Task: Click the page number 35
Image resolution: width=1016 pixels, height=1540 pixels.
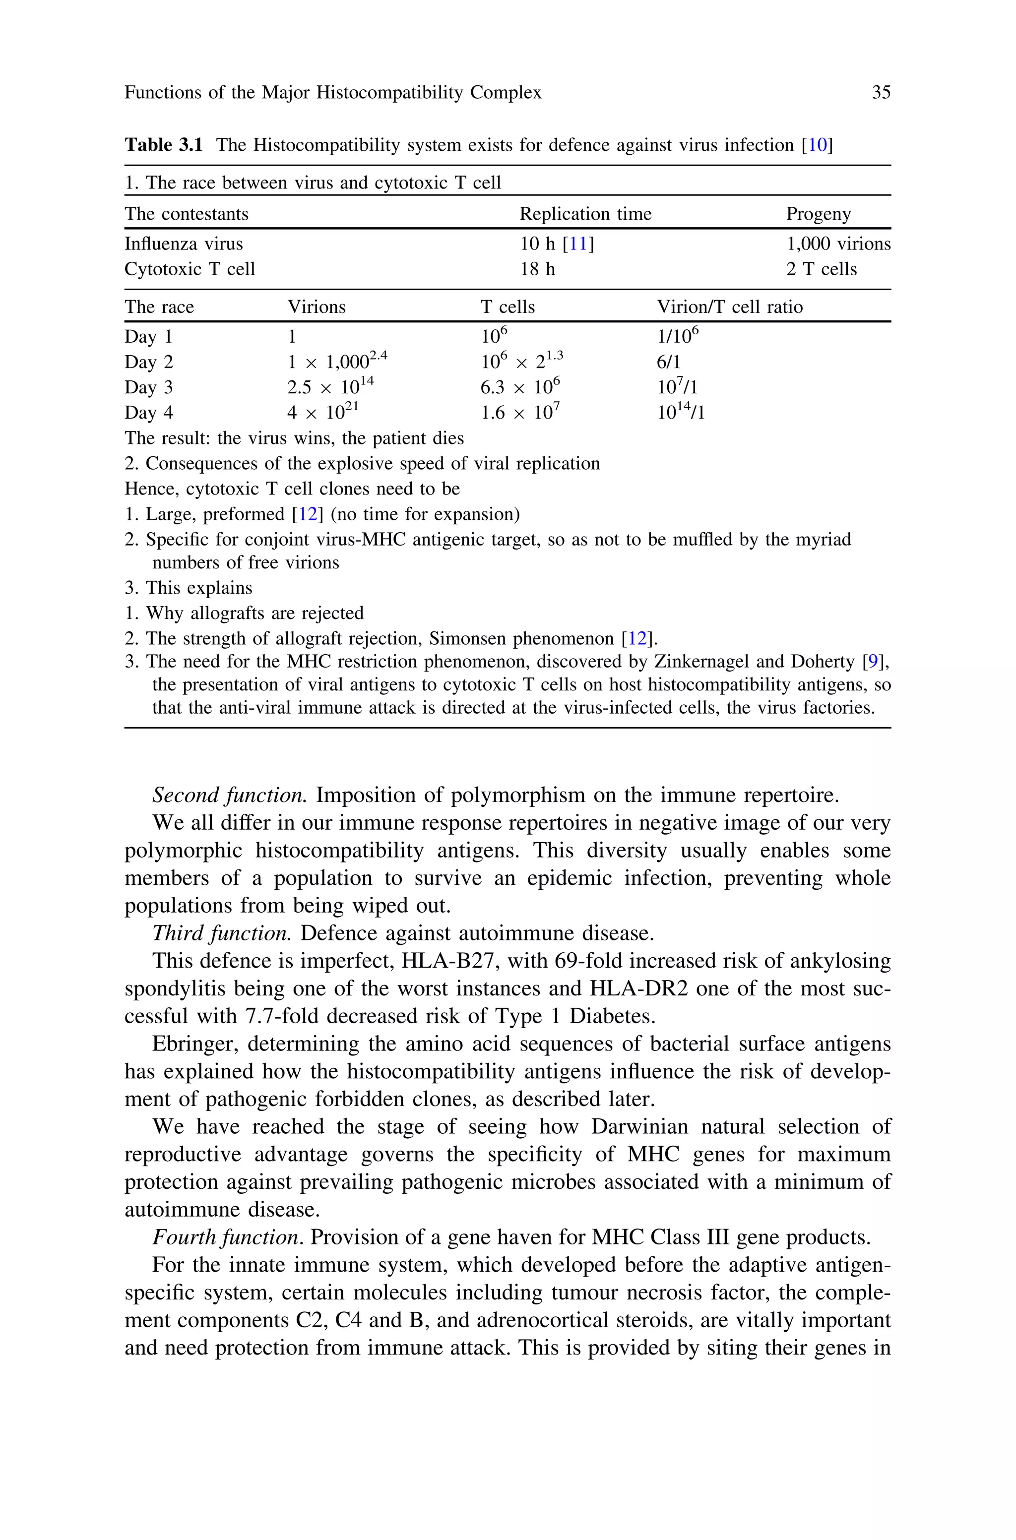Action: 881,93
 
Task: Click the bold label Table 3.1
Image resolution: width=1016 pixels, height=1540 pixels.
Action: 163,145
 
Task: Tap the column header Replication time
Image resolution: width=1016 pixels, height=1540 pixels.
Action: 585,214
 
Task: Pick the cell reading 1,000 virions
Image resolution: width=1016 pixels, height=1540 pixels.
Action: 838,244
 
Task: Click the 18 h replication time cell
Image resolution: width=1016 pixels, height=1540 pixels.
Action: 537,269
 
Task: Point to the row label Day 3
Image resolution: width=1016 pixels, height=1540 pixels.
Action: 148,387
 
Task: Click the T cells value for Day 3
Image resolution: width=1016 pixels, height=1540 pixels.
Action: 520,387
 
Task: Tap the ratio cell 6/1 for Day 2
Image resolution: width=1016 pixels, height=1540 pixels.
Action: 668,362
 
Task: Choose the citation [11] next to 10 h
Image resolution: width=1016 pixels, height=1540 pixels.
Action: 578,244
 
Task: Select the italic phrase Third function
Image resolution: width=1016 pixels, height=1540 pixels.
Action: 222,933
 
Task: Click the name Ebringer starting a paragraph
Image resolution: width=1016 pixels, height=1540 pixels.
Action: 193,1044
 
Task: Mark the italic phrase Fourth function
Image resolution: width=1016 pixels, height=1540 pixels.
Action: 227,1237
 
